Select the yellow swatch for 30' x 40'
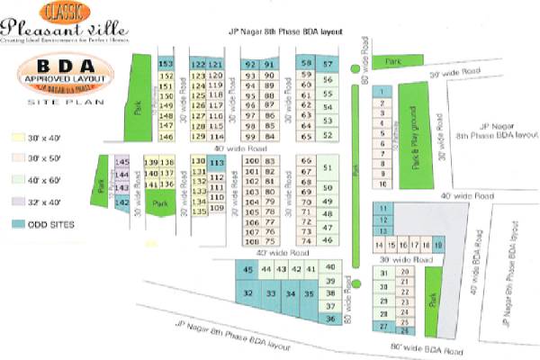[x=17, y=139]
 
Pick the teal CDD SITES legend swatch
[x=17, y=224]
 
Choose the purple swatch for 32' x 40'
[x=17, y=202]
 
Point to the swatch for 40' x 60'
[x=17, y=181]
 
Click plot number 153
[x=166, y=64]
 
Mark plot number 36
[x=330, y=319]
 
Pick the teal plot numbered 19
[x=438, y=245]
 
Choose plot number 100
[x=251, y=160]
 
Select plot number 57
[x=328, y=64]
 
